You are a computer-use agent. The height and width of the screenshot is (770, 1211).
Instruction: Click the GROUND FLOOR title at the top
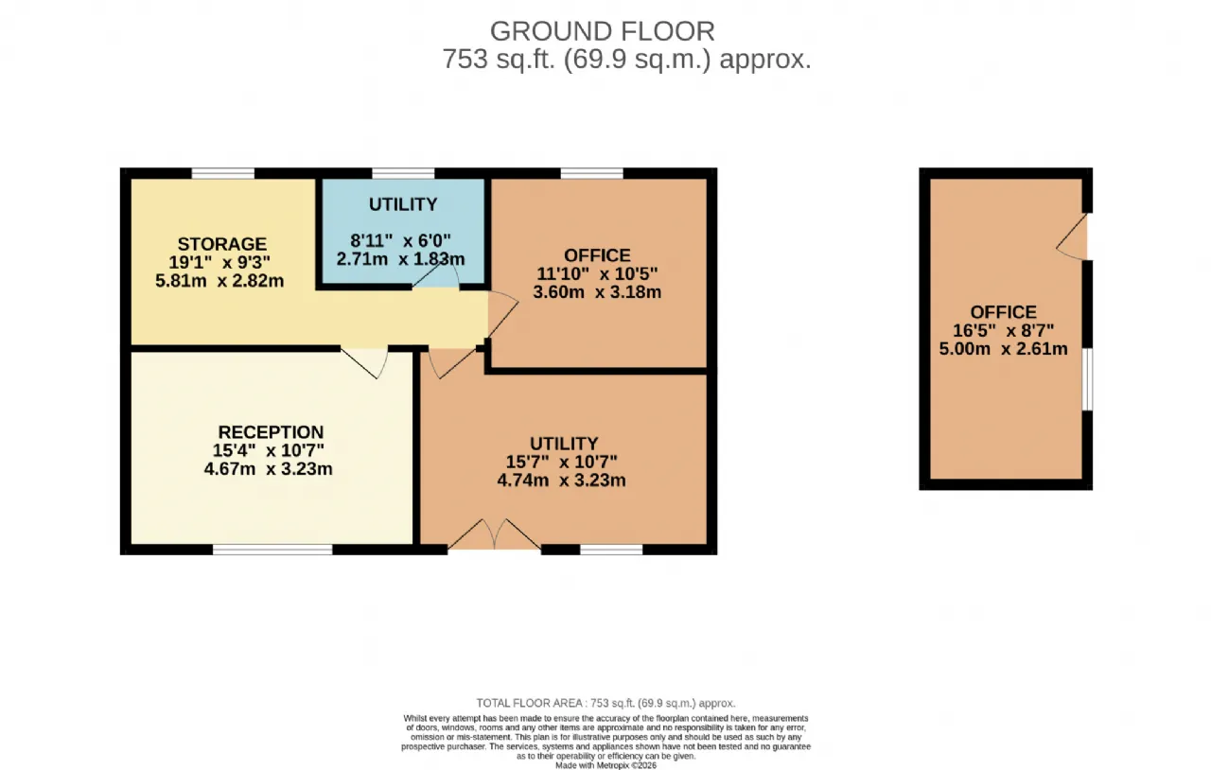pos(603,31)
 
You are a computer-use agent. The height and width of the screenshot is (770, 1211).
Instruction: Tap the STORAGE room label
pos(222,244)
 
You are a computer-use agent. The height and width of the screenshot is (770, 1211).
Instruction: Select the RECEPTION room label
pos(271,432)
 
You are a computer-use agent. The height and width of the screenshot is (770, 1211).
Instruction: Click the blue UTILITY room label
pos(403,204)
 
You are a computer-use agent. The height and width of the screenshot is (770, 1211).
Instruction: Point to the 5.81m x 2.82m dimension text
pos(219,281)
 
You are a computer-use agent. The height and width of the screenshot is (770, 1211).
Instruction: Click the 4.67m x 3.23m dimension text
pos(268,469)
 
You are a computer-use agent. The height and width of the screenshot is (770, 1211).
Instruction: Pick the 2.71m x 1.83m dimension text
pos(400,259)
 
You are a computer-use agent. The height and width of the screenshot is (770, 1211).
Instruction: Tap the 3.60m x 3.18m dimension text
pos(597,292)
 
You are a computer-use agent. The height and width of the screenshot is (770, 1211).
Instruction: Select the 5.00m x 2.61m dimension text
pos(1004,349)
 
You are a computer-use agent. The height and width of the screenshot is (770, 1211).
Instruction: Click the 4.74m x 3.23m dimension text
pos(562,481)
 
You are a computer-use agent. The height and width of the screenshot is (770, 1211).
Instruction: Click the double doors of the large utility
pos(495,535)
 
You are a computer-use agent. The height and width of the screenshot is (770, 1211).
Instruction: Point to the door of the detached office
pos(1072,236)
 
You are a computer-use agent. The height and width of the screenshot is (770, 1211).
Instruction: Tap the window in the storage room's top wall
pos(222,173)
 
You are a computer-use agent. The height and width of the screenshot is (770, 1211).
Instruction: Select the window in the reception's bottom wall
pos(272,550)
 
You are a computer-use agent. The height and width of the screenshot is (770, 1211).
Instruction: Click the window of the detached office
pos(1087,379)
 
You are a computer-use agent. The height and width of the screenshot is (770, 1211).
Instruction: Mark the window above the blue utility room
pos(403,173)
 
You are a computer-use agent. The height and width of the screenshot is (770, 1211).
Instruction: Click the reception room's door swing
pos(365,363)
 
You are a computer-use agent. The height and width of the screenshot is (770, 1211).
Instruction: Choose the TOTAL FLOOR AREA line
pos(605,703)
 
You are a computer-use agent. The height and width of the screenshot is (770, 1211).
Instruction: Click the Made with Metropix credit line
pos(606,765)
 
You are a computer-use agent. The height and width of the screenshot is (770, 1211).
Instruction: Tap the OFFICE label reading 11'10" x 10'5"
pos(597,255)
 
